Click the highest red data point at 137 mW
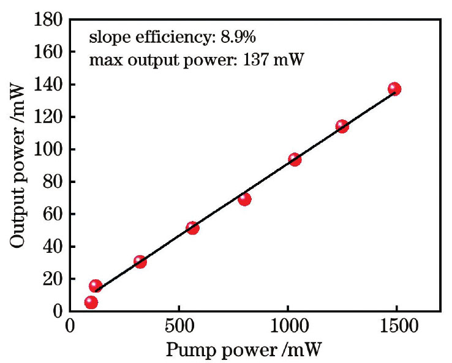[394, 89]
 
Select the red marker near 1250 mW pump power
[342, 126]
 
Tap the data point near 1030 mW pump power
[295, 159]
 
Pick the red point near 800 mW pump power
[244, 198]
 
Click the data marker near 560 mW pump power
[192, 227]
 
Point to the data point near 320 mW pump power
[140, 261]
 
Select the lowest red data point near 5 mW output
[91, 302]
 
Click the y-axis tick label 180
[48, 20]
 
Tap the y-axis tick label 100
[48, 149]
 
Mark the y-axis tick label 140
[48, 85]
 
